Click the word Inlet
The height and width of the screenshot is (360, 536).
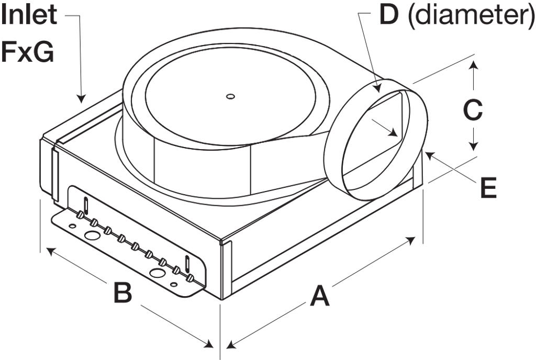click(x=30, y=16)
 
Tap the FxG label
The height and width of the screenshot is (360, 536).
click(x=27, y=52)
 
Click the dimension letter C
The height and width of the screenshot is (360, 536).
click(x=474, y=109)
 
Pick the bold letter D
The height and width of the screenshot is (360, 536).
click(x=388, y=16)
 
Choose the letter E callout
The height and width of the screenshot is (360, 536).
click(x=489, y=187)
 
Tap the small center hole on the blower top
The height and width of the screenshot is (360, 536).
click(x=230, y=96)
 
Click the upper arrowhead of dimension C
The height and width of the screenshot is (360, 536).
click(x=473, y=64)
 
